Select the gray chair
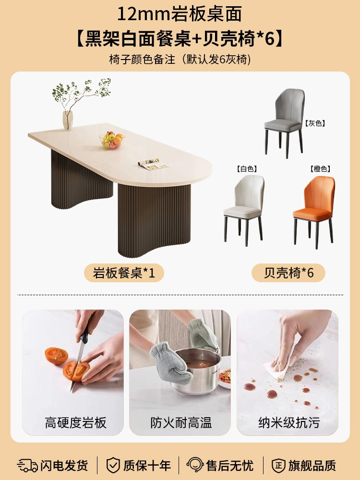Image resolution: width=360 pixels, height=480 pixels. click(284, 122)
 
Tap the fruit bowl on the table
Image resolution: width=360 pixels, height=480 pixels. click(112, 140)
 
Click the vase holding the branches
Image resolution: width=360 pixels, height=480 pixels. click(68, 120)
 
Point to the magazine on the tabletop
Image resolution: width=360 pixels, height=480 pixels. click(153, 164)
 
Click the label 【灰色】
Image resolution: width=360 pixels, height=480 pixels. click(315, 123)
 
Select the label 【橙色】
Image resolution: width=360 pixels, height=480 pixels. click(320, 168)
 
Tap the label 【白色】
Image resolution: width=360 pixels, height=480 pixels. click(247, 168)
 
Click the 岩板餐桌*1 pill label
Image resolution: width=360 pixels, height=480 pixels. click(124, 273)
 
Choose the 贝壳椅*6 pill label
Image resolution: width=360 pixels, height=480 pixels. click(288, 273)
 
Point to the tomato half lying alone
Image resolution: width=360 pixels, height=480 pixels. click(56, 356)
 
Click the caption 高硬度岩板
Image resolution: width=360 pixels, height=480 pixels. click(76, 423)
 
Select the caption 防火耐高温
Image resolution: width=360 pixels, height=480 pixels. click(181, 423)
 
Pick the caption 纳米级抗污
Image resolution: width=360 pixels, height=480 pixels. click(289, 423)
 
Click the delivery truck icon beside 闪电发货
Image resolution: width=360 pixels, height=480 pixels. click(27, 465)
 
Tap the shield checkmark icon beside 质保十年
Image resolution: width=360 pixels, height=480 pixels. click(113, 465)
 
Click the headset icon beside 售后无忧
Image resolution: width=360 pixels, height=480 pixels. click(195, 465)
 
